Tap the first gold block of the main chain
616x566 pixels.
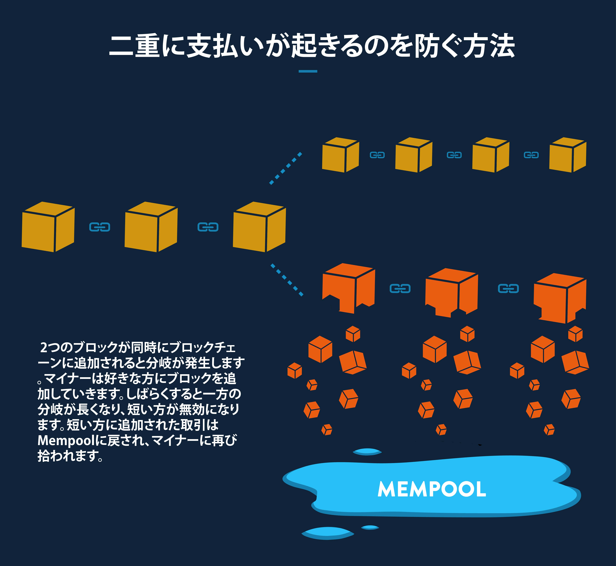point(48,227)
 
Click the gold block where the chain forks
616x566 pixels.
point(259,227)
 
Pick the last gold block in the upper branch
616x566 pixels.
point(568,155)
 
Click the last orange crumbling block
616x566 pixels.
point(560,298)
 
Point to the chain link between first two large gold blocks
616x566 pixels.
point(100,227)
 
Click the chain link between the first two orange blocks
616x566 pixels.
point(400,288)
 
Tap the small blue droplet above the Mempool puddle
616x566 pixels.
point(367,452)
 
